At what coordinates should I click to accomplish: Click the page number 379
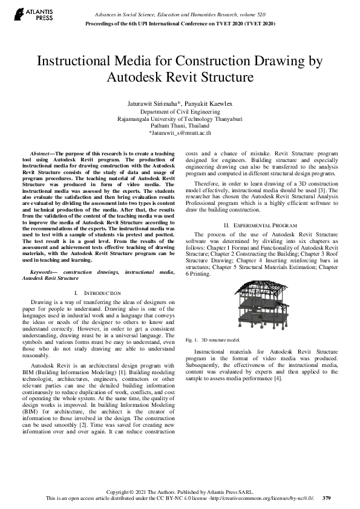click(327, 498)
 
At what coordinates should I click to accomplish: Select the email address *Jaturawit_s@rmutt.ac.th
click(180, 132)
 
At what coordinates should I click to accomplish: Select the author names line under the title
click(180, 103)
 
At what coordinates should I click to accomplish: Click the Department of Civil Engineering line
click(180, 112)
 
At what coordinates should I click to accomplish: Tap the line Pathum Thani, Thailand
click(180, 125)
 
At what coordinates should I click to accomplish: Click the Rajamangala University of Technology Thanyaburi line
click(180, 118)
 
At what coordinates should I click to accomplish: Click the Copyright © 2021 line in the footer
click(180, 491)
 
